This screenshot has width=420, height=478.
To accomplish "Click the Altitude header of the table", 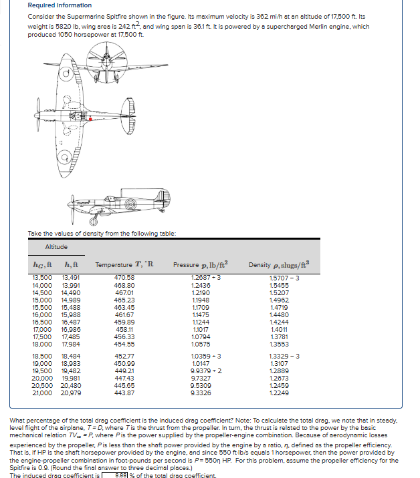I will click(56, 248).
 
